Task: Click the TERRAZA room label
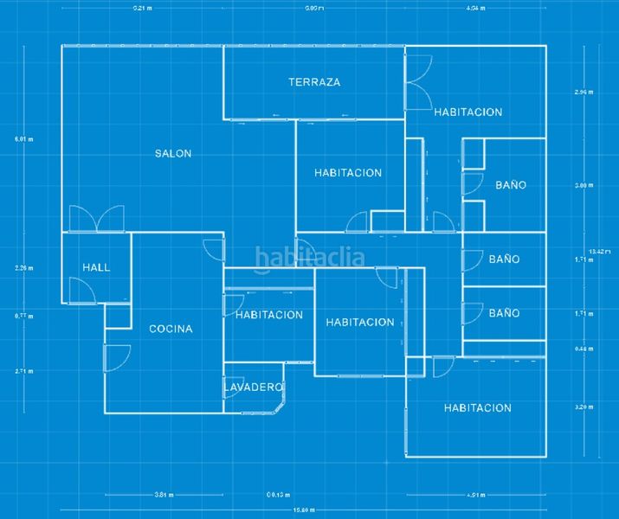pyautogui.click(x=314, y=82)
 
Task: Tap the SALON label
pyautogui.click(x=173, y=153)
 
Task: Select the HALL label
pyautogui.click(x=96, y=267)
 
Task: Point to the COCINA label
pyautogui.click(x=171, y=329)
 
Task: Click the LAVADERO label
pyautogui.click(x=254, y=387)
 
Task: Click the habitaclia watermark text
pyautogui.click(x=309, y=256)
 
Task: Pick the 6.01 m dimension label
pyautogui.click(x=23, y=138)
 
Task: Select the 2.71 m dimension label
pyautogui.click(x=23, y=370)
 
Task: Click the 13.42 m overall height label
pyautogui.click(x=596, y=252)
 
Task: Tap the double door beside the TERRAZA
pyautogui.click(x=418, y=82)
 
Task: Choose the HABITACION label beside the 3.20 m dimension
pyautogui.click(x=478, y=407)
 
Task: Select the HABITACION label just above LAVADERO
pyautogui.click(x=268, y=315)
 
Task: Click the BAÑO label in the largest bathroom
pyautogui.click(x=511, y=185)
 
